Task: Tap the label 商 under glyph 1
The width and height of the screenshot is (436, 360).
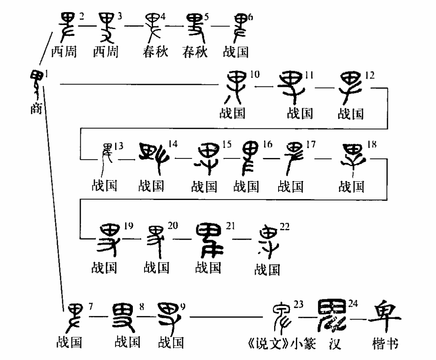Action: (x=36, y=109)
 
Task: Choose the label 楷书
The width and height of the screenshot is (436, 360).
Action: (x=385, y=344)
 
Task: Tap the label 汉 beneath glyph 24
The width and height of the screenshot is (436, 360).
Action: (x=335, y=343)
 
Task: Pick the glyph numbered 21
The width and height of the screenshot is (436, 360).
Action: (x=209, y=240)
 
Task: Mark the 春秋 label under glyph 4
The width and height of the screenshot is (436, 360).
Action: (x=155, y=52)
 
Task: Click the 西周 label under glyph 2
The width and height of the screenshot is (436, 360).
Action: (x=64, y=52)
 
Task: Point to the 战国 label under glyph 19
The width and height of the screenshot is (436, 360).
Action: (x=104, y=267)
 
